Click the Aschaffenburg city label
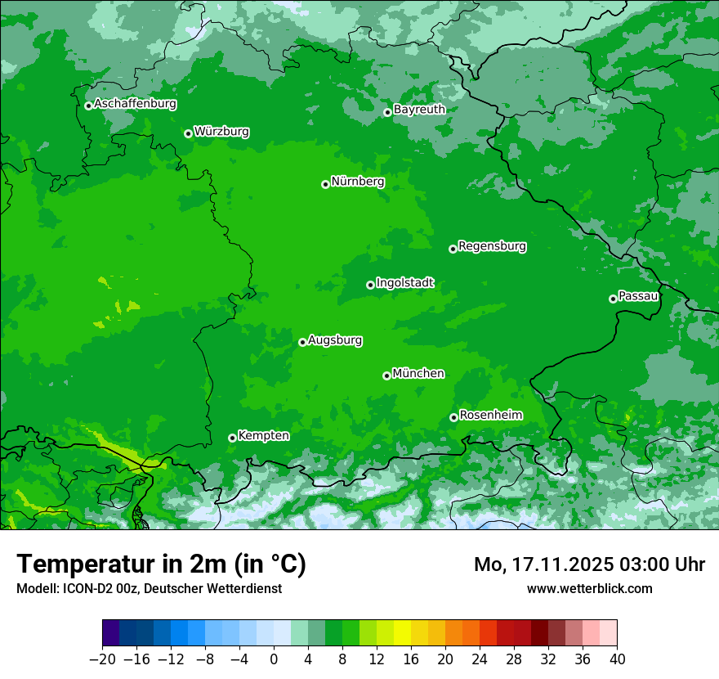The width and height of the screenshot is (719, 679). pyautogui.click(x=135, y=104)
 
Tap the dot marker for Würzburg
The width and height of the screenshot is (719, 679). pyautogui.click(x=188, y=133)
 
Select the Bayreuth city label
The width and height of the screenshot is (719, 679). pyautogui.click(x=419, y=109)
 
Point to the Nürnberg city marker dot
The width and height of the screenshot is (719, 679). pyautogui.click(x=325, y=184)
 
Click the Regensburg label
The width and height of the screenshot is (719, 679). pyautogui.click(x=492, y=245)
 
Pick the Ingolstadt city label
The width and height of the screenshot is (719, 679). pyautogui.click(x=404, y=283)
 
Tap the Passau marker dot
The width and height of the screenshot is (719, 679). pyautogui.click(x=613, y=299)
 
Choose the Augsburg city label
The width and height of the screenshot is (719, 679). pyautogui.click(x=335, y=340)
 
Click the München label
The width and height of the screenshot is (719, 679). pyautogui.click(x=418, y=373)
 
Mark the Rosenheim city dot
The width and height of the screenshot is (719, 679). pyautogui.click(x=453, y=418)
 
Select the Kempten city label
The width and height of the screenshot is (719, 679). pyautogui.click(x=263, y=435)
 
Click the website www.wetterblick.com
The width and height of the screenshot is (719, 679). pyautogui.click(x=589, y=588)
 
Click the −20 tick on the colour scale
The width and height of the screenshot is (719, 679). pyautogui.click(x=102, y=659)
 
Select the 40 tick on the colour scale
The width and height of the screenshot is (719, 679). pyautogui.click(x=617, y=659)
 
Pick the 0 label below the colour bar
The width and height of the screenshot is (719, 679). pyautogui.click(x=274, y=659)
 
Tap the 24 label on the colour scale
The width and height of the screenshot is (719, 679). pyautogui.click(x=480, y=659)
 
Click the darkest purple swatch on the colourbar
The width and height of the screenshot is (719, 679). pyautogui.click(x=110, y=633)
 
